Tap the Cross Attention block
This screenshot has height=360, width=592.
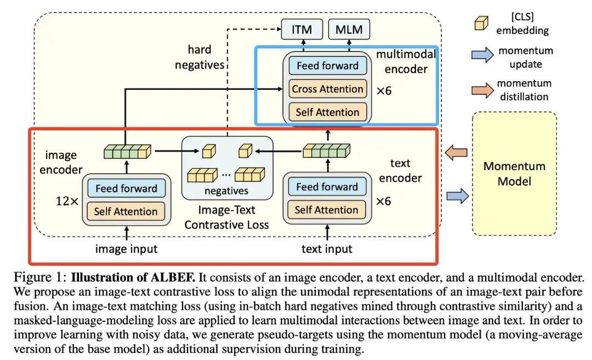pyautogui.click(x=327, y=89)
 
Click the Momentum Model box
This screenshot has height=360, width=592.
pyautogui.click(x=514, y=173)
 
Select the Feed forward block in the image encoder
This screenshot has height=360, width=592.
pyautogui.click(x=126, y=188)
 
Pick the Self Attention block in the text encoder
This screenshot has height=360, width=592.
pyautogui.click(x=326, y=210)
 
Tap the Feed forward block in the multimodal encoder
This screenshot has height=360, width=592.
pyautogui.click(x=327, y=66)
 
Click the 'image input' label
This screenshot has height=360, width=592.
pyautogui.click(x=126, y=249)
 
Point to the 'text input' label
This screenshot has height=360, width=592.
pyautogui.click(x=327, y=249)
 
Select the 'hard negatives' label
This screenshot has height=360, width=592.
pyautogui.click(x=199, y=57)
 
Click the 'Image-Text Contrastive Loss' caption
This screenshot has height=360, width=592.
pyautogui.click(x=226, y=217)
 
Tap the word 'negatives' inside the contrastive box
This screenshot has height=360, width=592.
pyautogui.click(x=226, y=191)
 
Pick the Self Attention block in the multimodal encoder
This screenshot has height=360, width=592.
pyautogui.click(x=327, y=112)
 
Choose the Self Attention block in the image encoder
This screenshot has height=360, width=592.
pyautogui.click(x=126, y=211)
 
